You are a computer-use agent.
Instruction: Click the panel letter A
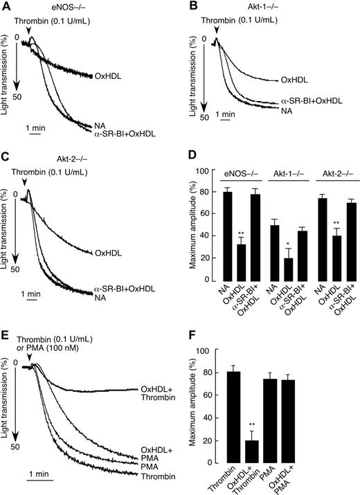[6, 6]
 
